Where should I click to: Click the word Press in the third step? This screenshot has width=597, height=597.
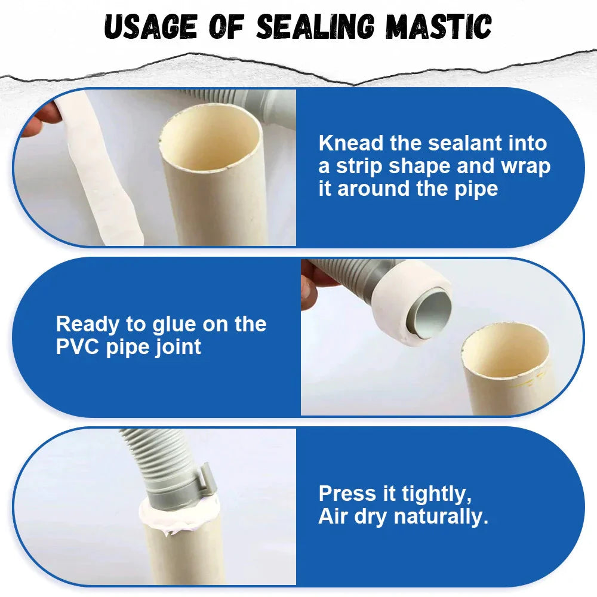(x=347, y=494)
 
